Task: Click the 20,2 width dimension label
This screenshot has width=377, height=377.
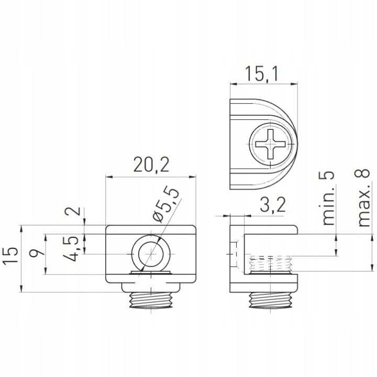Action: point(151,165)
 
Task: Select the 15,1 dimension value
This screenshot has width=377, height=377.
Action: point(261,74)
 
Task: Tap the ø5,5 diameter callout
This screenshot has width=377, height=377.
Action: point(166,204)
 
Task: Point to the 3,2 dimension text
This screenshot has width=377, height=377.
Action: point(273,205)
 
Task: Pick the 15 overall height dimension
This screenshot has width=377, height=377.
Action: point(10,255)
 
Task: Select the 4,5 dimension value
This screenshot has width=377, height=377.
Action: point(71,248)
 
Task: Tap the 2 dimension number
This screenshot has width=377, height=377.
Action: point(76,211)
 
